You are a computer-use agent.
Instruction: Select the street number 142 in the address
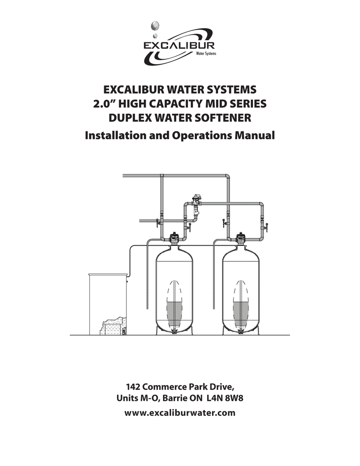click(134, 387)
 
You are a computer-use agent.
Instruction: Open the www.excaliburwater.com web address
click(180, 413)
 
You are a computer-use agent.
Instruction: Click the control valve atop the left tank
click(174, 237)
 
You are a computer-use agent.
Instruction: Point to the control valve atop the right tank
click(240, 237)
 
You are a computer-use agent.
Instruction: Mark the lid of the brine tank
click(107, 274)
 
